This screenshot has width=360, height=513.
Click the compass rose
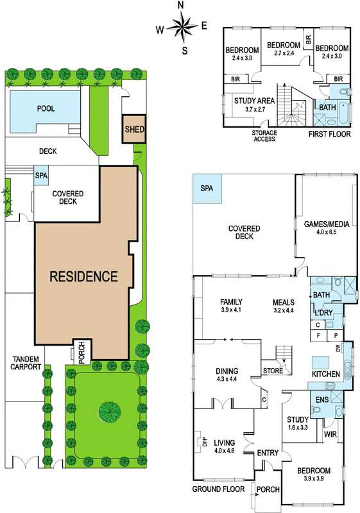tap(183, 27)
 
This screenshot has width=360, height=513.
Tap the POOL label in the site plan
tap(46, 108)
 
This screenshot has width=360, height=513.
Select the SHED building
tap(134, 129)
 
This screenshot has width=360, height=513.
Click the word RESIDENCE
tap(83, 276)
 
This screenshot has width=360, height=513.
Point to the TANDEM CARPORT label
tap(26, 363)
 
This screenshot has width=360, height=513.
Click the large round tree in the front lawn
tap(110, 409)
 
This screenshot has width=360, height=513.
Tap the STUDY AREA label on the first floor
tap(254, 101)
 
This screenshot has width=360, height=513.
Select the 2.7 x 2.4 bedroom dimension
tap(284, 53)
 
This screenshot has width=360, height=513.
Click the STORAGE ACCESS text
tap(264, 136)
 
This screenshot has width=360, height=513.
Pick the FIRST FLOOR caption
tap(330, 134)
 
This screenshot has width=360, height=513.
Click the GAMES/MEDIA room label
tap(327, 224)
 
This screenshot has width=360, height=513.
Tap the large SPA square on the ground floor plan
tap(207, 188)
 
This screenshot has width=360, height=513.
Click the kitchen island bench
tap(320, 362)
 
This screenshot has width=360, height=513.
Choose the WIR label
tap(330, 434)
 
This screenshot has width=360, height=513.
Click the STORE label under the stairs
tap(273, 371)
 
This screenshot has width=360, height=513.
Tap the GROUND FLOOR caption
tap(218, 489)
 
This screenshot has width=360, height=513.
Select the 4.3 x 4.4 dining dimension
tap(227, 379)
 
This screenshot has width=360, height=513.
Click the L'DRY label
tap(323, 313)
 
